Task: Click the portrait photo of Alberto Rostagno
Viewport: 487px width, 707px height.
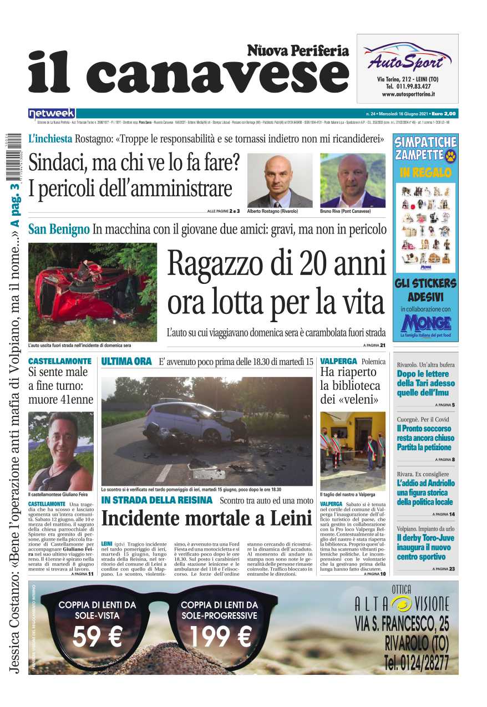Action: (280, 181)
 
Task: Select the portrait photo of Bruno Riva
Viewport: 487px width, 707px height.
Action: (352, 181)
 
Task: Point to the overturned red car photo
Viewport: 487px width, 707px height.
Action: (92, 292)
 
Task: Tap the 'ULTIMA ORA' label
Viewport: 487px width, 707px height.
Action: (126, 362)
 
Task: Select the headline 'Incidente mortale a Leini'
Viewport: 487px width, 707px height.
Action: (207, 518)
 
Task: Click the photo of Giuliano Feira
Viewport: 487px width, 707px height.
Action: (61, 451)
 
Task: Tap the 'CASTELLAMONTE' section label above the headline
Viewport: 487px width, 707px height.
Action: (60, 361)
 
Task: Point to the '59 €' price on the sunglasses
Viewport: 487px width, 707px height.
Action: (97, 637)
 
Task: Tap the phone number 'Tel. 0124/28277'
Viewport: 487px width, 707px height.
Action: (416, 663)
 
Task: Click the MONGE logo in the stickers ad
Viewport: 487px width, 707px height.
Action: (425, 323)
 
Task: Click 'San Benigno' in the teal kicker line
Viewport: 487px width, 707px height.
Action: (59, 228)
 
